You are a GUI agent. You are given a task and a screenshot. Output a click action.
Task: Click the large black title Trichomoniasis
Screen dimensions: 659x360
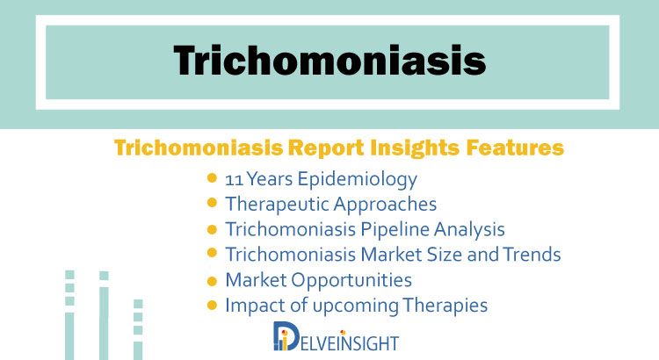click(x=329, y=61)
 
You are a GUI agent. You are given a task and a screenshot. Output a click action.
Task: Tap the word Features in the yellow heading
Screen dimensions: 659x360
click(x=514, y=148)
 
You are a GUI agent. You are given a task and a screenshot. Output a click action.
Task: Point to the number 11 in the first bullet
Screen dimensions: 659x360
click(x=234, y=180)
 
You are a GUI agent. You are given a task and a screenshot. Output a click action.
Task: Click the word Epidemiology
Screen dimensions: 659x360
click(x=358, y=180)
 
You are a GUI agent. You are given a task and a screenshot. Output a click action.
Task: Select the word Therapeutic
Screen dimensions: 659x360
click(x=278, y=205)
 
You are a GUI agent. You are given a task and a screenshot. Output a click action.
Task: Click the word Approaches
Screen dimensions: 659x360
click(x=385, y=205)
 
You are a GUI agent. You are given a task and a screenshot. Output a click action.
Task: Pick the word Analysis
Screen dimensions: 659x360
click(x=469, y=230)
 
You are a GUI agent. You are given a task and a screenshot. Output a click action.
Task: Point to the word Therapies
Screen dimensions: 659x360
click(x=445, y=306)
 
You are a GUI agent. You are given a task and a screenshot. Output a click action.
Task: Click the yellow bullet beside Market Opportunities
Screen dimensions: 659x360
click(x=213, y=281)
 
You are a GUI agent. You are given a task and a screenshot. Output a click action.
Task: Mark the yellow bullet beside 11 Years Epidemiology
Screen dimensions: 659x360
click(x=213, y=178)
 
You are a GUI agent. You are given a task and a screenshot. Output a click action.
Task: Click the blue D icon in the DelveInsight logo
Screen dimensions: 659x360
click(x=286, y=335)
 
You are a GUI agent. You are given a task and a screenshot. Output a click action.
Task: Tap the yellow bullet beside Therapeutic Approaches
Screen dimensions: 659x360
click(x=213, y=203)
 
